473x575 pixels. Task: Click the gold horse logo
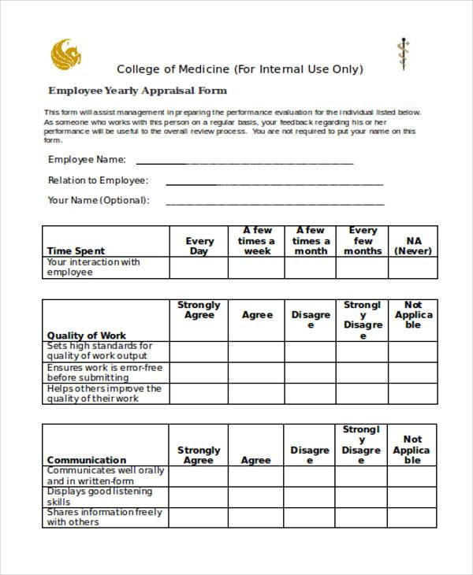65,54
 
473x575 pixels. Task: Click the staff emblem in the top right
404,54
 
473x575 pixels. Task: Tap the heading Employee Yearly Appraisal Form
137,91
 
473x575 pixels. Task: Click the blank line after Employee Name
244,162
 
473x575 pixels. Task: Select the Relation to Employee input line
274,183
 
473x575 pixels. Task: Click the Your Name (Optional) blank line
274,203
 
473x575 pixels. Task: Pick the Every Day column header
199,246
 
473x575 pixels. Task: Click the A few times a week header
256,241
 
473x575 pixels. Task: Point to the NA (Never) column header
413,246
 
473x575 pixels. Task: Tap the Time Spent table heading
76,251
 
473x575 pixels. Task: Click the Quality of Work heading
86,336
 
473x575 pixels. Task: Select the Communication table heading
86,460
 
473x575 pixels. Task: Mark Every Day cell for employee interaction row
199,268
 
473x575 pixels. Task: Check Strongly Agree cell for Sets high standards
199,351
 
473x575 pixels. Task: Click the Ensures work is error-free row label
104,373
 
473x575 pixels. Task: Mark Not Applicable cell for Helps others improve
413,394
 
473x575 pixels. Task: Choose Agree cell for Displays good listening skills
256,496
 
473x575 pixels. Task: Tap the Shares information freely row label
104,517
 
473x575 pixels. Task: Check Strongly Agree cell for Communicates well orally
199,476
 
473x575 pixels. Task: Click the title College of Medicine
240,69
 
